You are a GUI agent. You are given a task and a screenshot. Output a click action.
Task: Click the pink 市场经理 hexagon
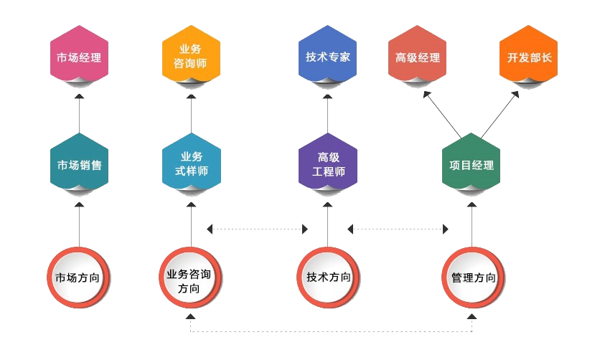(x=79, y=57)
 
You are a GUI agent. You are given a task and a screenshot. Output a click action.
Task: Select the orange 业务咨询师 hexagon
(x=191, y=57)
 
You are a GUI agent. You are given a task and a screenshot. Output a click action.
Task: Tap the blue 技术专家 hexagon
(x=327, y=57)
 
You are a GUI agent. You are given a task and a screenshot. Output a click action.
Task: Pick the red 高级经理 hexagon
(x=418, y=57)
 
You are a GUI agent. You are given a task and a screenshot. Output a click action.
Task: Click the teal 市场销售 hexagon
(x=79, y=164)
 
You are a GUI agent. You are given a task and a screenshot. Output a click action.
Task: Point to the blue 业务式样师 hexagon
(x=191, y=164)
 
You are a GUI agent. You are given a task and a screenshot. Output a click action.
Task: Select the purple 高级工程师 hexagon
(x=327, y=164)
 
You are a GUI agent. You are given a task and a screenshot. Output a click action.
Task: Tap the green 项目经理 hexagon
(x=472, y=164)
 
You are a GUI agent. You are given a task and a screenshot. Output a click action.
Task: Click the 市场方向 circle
(x=79, y=277)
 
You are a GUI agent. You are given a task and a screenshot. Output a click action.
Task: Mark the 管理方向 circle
(x=472, y=277)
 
